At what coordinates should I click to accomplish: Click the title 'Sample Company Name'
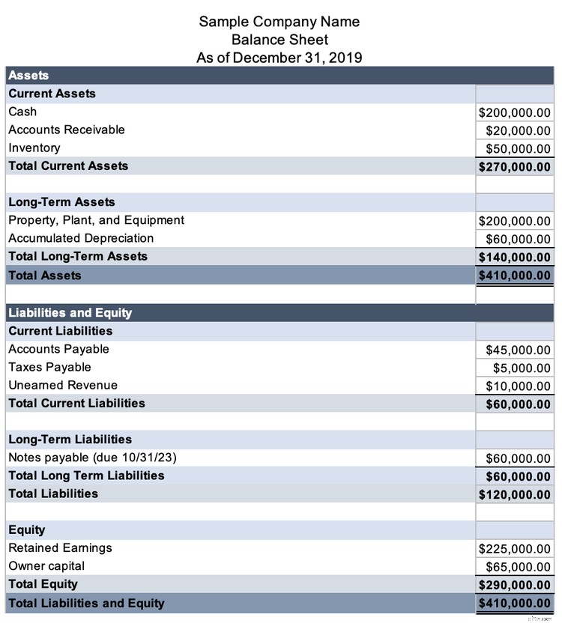(x=279, y=22)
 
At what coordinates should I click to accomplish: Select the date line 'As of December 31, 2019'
(x=279, y=58)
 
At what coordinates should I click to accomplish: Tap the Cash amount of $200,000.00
(x=514, y=112)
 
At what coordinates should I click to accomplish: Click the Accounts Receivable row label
(x=67, y=130)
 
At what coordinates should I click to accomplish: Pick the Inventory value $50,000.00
(x=518, y=148)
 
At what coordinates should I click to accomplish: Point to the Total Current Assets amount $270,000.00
(x=514, y=166)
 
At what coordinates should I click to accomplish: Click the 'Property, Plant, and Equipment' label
(x=96, y=220)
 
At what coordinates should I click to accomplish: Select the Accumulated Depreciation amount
(x=518, y=239)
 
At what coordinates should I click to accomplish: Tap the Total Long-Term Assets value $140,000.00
(x=514, y=257)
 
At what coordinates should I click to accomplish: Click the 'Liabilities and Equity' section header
(x=70, y=313)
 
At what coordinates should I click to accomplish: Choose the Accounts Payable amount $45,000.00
(x=518, y=350)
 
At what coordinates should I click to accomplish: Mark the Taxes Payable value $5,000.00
(x=522, y=368)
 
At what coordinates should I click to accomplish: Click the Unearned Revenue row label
(x=63, y=385)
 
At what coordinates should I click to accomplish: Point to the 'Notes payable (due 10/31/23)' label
(x=92, y=458)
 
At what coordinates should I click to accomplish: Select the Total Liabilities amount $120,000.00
(x=514, y=494)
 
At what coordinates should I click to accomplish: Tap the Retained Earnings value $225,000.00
(x=514, y=549)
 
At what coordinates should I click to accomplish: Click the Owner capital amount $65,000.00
(x=518, y=567)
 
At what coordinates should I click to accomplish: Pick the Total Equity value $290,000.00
(x=514, y=585)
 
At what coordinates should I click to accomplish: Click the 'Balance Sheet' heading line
(x=279, y=40)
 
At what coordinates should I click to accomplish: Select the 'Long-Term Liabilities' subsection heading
(x=70, y=440)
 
